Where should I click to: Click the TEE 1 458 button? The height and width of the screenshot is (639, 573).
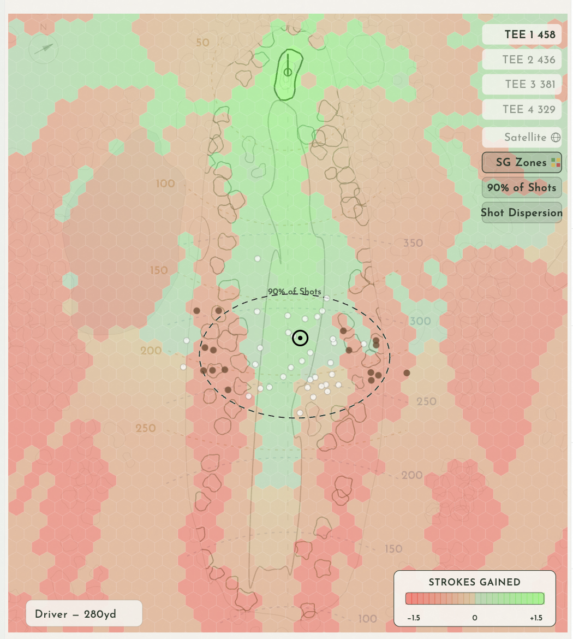click(x=522, y=34)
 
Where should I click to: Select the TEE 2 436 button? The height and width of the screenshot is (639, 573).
click(x=522, y=60)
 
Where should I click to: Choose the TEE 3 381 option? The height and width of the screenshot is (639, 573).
click(x=522, y=84)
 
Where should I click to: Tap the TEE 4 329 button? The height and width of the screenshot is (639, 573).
click(x=522, y=109)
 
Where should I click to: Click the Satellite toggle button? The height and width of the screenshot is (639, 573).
click(x=522, y=137)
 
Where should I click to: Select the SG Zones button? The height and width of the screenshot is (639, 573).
click(x=522, y=162)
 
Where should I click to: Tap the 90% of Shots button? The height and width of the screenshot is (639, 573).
click(x=522, y=187)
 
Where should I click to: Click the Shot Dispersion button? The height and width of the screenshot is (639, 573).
click(x=522, y=212)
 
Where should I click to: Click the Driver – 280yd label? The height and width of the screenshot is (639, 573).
click(x=83, y=614)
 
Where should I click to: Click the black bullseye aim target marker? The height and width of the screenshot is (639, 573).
click(x=300, y=339)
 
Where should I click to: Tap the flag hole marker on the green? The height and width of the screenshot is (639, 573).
click(x=288, y=72)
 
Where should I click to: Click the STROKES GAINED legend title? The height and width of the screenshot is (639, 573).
click(x=474, y=582)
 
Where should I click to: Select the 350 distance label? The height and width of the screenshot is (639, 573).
click(x=413, y=243)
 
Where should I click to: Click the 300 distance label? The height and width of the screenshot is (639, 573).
click(x=420, y=321)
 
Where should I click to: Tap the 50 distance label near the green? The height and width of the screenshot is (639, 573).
click(x=202, y=43)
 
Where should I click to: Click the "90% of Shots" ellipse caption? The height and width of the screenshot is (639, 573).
click(x=294, y=292)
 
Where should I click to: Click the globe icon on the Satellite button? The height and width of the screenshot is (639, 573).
click(x=556, y=138)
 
